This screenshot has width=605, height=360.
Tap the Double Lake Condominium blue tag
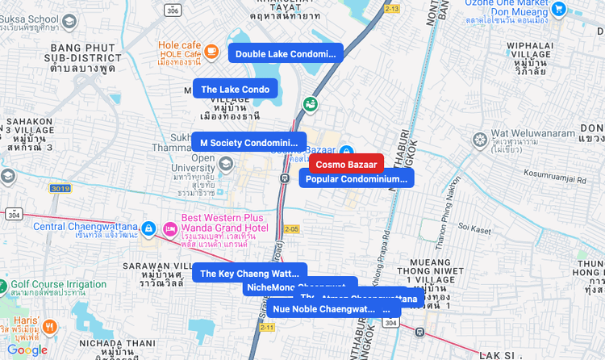point(286,53)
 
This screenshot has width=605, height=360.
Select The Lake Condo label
point(235,89)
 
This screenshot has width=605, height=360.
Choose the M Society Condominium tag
point(249,143)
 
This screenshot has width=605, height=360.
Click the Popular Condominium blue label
point(357,178)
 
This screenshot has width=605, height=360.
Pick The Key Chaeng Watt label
point(248,274)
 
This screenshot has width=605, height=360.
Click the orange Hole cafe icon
point(211,51)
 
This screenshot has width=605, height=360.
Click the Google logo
point(27,350)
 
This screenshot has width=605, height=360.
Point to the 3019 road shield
point(59,188)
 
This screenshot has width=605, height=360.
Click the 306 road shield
point(171,10)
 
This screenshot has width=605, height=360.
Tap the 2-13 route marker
point(392,8)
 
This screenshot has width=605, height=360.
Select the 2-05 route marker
point(291,229)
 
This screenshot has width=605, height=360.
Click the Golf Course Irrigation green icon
point(3,284)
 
